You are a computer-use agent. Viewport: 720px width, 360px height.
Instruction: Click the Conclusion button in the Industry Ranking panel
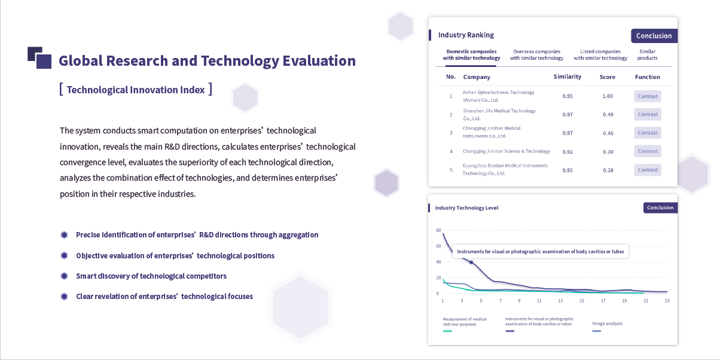pyautogui.click(x=654, y=36)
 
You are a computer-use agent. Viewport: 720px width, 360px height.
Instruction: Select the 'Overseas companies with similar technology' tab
pyautogui.click(x=536, y=55)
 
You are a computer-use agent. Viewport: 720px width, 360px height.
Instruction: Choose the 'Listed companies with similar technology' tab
pyautogui.click(x=600, y=55)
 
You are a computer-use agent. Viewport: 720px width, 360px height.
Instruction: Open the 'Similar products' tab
pyautogui.click(x=647, y=55)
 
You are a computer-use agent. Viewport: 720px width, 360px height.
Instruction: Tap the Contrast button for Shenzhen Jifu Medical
pyautogui.click(x=648, y=114)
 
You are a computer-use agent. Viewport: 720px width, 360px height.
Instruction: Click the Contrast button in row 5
pyautogui.click(x=648, y=170)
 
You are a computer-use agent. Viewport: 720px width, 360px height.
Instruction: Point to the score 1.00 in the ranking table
pyautogui.click(x=608, y=96)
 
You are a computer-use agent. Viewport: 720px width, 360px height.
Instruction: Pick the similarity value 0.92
pyautogui.click(x=568, y=152)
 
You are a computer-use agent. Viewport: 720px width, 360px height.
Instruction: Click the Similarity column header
pyautogui.click(x=568, y=77)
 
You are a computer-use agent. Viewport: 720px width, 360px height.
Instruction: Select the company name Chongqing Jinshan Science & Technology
pyautogui.click(x=506, y=151)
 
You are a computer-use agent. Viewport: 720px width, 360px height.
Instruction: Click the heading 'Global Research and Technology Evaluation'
pyautogui.click(x=207, y=61)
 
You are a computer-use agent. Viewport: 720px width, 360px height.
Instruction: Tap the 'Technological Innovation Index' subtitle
pyautogui.click(x=136, y=90)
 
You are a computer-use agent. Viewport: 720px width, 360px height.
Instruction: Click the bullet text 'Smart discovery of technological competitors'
pyautogui.click(x=151, y=276)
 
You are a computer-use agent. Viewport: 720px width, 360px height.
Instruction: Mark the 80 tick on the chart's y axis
pyautogui.click(x=438, y=230)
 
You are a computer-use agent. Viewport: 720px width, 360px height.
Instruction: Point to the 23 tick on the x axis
pyautogui.click(x=667, y=301)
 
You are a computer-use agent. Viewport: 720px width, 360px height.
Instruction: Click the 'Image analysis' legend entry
pyautogui.click(x=607, y=324)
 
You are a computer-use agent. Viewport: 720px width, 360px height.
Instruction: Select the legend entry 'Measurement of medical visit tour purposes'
pyautogui.click(x=465, y=322)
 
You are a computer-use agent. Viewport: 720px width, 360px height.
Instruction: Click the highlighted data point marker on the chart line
pyautogui.click(x=471, y=263)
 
